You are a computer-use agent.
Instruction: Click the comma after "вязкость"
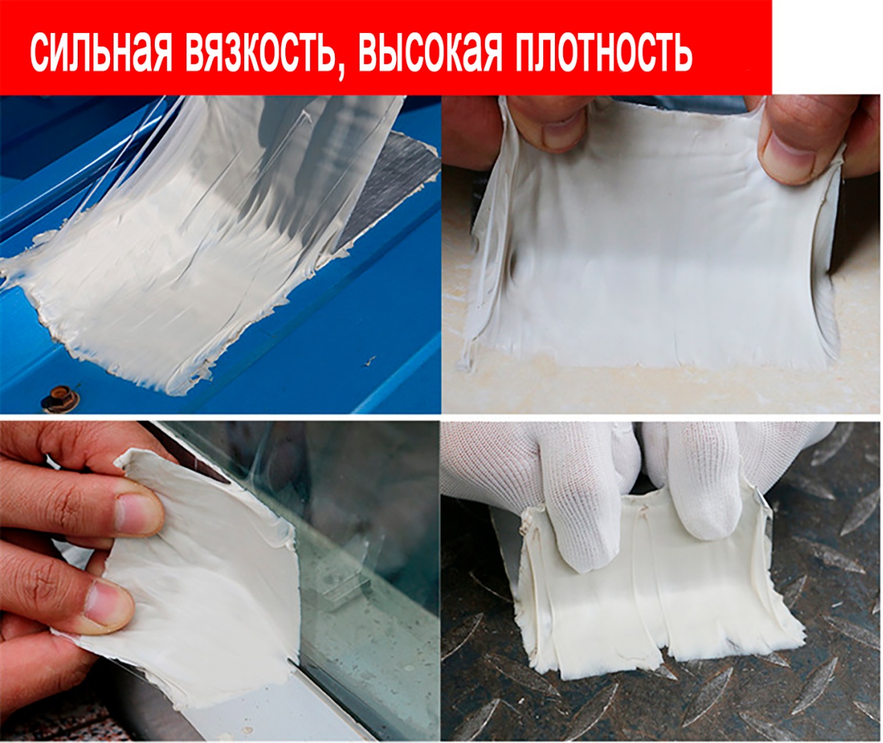pos(341,72)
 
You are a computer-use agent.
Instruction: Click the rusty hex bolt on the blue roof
pos(61,398)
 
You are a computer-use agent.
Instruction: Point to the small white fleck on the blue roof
pos(371,360)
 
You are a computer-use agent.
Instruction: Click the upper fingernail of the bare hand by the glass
pos(139,514)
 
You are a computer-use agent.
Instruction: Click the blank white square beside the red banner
pos(827,47)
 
